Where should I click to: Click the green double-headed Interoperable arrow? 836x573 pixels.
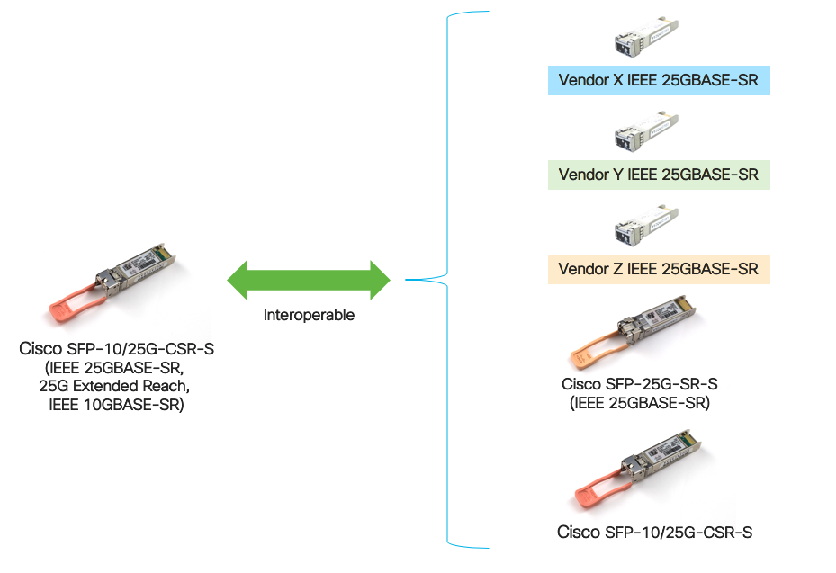[x=308, y=279]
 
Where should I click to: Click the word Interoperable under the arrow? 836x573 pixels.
[x=309, y=316]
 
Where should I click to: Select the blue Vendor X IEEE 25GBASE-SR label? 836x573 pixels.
[x=659, y=81]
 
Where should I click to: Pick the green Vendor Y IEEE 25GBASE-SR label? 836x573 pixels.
[x=659, y=175]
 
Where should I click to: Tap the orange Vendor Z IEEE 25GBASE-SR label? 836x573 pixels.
[x=659, y=269]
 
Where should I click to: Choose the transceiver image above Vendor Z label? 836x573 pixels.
[x=645, y=224]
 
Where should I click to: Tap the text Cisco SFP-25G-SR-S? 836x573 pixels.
[x=640, y=384]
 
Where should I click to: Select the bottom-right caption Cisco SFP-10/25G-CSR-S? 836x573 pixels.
[x=654, y=532]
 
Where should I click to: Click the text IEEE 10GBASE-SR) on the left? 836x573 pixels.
[x=116, y=405]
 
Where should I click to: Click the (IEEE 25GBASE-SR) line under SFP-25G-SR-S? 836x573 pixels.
[x=640, y=403]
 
